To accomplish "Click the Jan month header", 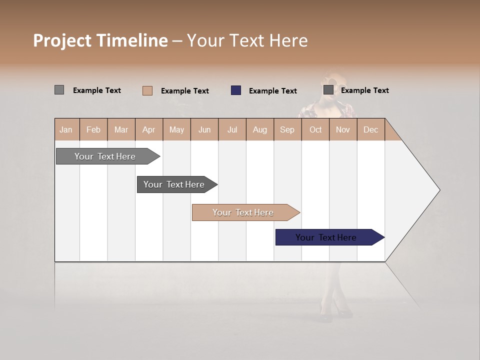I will (x=66, y=129).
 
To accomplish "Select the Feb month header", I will (x=93, y=129).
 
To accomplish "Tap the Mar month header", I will (x=121, y=129).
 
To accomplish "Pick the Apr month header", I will (x=149, y=129).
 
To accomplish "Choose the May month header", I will (x=176, y=129).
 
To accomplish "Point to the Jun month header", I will (x=204, y=129).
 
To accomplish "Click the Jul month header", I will (x=232, y=129).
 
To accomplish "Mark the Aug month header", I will (x=259, y=129).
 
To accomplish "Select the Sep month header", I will (x=287, y=129).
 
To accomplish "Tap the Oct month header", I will (x=315, y=129).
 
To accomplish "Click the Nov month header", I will (x=343, y=129).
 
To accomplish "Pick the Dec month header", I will (x=370, y=129).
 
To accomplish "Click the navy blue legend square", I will (x=236, y=90).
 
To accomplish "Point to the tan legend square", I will (x=147, y=90).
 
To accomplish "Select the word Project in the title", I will (x=62, y=40).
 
